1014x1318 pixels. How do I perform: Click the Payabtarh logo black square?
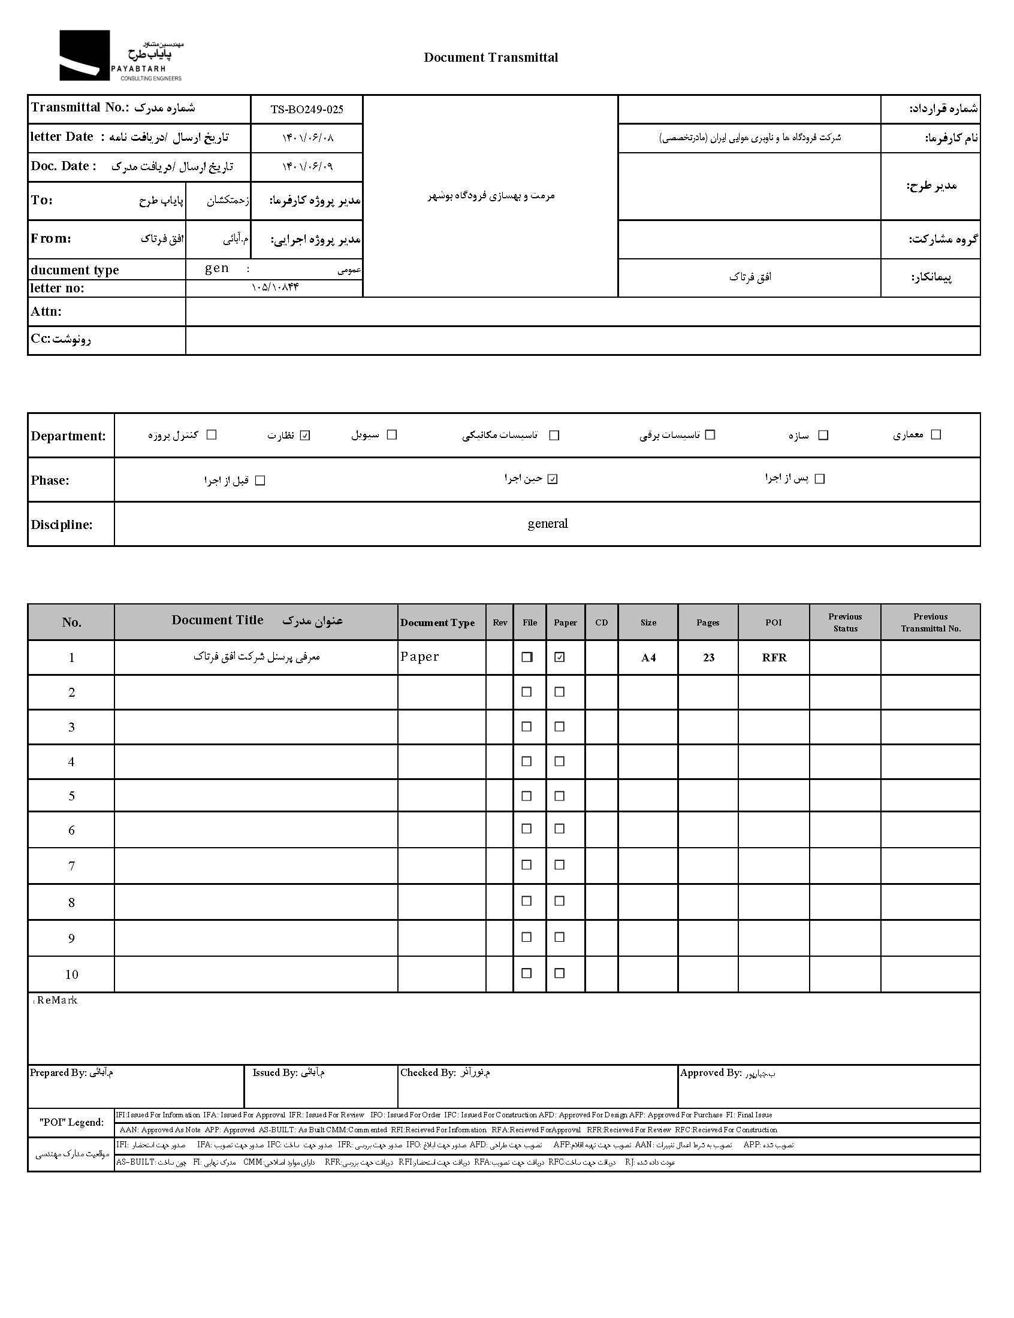(84, 55)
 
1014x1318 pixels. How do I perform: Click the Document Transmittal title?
(490, 58)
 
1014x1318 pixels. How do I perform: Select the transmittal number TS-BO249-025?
(307, 109)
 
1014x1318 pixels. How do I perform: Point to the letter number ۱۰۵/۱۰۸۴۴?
(274, 287)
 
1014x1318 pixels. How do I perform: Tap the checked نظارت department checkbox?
(305, 435)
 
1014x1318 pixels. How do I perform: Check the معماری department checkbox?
(935, 434)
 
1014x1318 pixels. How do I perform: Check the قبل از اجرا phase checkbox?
(260, 480)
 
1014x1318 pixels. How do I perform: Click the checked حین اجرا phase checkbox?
(553, 479)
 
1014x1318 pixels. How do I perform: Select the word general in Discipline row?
(547, 524)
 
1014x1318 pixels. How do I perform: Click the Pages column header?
(707, 622)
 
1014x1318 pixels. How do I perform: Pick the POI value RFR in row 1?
(774, 657)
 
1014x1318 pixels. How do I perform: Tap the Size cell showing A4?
(648, 657)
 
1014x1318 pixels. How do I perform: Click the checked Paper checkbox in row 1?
(560, 657)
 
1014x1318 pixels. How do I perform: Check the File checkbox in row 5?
(526, 796)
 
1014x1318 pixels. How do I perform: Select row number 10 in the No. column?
(71, 974)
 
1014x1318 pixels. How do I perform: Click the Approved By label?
(710, 1072)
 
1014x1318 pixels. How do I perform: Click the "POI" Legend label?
(71, 1122)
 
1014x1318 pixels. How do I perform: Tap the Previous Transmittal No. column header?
(930, 622)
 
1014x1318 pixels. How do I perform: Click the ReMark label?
(57, 1000)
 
